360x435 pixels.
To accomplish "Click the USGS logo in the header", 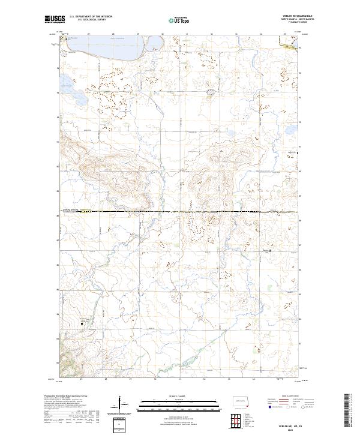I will pos(55,19).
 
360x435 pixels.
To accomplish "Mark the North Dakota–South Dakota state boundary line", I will pos(180,211).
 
